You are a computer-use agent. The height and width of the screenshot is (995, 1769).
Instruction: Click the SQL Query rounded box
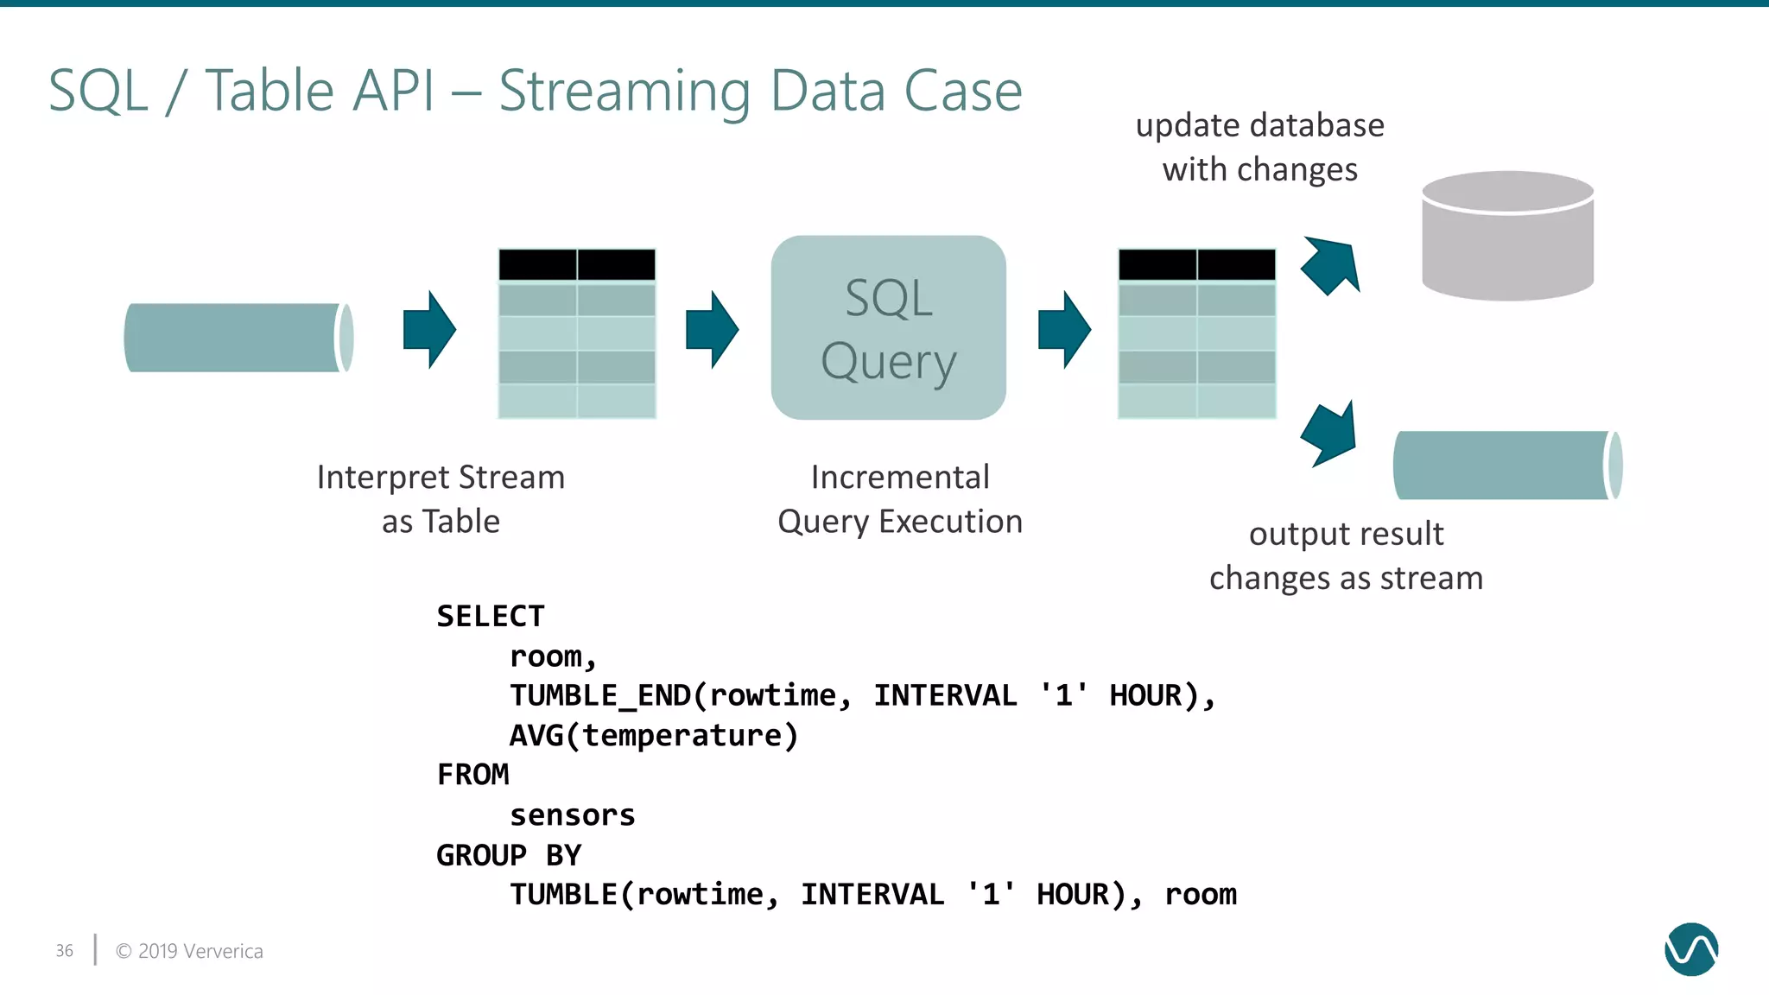(888, 328)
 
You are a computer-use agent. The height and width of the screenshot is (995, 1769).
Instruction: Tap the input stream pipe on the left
(238, 338)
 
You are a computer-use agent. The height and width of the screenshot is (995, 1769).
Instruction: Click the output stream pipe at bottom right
(1507, 466)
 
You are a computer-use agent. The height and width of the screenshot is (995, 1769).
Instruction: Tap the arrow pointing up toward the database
(1331, 265)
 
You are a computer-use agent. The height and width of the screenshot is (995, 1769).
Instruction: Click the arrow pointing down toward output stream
(1329, 434)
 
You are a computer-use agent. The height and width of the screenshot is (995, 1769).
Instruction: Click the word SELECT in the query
(490, 617)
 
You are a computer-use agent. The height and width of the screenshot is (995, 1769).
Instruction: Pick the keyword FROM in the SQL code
(472, 775)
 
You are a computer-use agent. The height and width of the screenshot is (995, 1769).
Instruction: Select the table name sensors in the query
(572, 815)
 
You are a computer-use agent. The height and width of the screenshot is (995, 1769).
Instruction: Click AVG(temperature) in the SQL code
(654, 736)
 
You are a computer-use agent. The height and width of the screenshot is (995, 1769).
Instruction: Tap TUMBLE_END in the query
(600, 696)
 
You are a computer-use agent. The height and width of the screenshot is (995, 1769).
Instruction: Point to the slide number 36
(65, 951)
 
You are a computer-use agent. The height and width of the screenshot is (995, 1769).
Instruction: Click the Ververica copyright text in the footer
(189, 951)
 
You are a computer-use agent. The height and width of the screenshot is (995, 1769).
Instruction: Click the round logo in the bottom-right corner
(1690, 949)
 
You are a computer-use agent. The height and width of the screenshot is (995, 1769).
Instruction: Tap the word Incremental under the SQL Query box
(900, 478)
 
